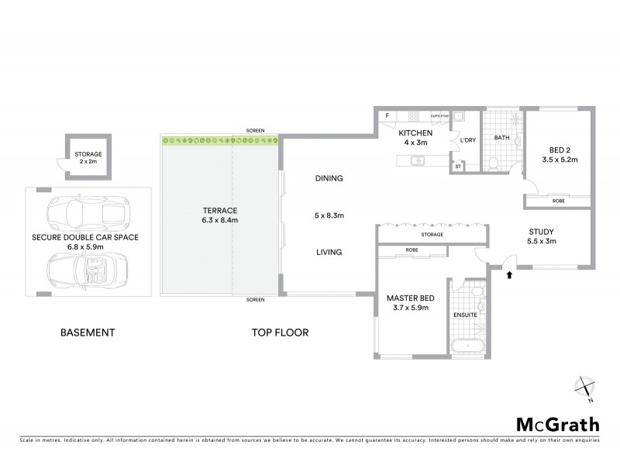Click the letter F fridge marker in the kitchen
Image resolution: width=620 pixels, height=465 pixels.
(x=387, y=116)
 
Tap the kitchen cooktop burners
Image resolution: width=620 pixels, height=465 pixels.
(x=414, y=117)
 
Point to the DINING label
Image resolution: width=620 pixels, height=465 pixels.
(x=329, y=178)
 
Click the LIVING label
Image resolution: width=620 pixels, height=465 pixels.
(x=329, y=252)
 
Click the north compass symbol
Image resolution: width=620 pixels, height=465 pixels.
(x=585, y=387)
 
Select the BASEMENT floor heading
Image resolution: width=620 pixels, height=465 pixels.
(x=88, y=333)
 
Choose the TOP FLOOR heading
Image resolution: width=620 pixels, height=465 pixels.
(x=280, y=333)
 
